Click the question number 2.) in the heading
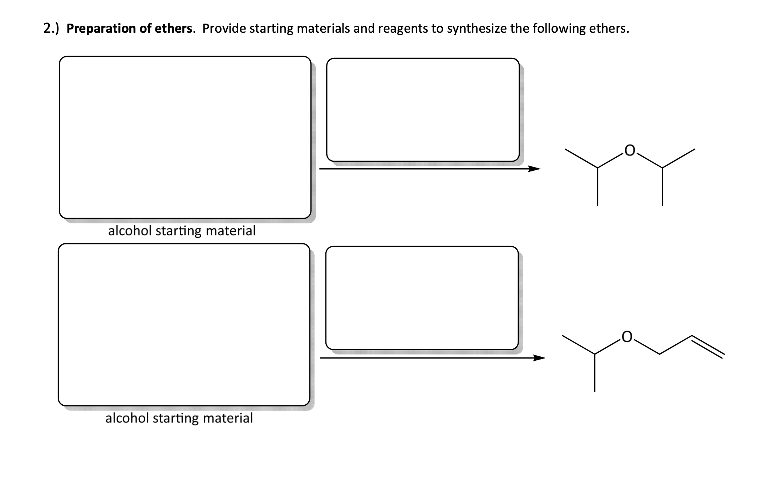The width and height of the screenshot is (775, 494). click(x=51, y=28)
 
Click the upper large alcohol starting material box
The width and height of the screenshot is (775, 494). click(x=185, y=137)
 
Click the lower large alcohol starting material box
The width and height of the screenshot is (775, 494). click(x=184, y=324)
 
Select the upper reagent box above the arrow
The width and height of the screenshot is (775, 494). click(x=423, y=110)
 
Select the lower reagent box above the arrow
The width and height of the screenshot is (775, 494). click(x=422, y=298)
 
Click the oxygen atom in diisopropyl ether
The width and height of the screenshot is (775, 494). click(x=630, y=150)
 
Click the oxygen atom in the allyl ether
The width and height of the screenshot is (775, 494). click(x=627, y=337)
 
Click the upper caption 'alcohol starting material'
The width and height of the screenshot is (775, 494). click(x=182, y=231)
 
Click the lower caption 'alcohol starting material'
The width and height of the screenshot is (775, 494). click(x=179, y=418)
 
